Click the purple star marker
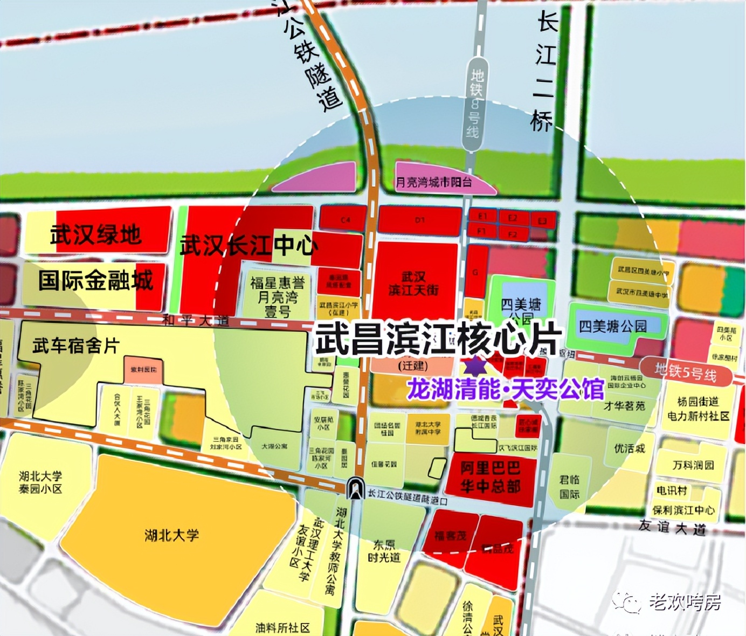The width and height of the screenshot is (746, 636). [x=475, y=366]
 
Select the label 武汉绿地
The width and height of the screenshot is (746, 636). [x=96, y=234]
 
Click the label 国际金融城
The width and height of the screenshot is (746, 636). [x=95, y=281]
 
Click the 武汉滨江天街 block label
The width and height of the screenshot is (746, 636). [x=413, y=284]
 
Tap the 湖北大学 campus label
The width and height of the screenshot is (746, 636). [x=172, y=535]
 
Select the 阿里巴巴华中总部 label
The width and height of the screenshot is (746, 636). [x=490, y=476]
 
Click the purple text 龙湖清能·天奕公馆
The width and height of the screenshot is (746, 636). [x=506, y=389]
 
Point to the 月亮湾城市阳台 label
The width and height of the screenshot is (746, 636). [x=433, y=182]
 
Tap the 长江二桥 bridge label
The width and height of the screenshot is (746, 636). [x=544, y=73]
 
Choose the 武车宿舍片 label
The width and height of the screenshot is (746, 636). [x=75, y=345]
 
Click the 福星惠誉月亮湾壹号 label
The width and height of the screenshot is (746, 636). [x=278, y=296]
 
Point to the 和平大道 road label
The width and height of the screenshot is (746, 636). [x=196, y=321]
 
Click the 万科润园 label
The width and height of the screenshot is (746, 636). [x=693, y=465]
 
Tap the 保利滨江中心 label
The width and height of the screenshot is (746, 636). [x=683, y=510]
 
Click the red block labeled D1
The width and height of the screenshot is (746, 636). [x=420, y=220]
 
